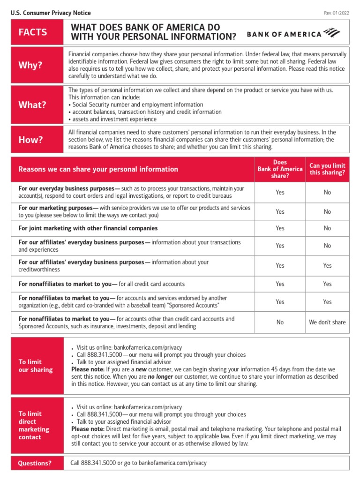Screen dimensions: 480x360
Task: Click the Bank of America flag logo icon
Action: (331, 33)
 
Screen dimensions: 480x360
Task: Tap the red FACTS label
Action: (33, 32)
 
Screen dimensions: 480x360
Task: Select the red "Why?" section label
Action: (30, 65)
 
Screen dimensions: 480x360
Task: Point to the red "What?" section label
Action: (32, 105)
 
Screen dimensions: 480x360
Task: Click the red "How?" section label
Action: (30, 140)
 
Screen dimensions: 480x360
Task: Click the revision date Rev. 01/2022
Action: (336, 13)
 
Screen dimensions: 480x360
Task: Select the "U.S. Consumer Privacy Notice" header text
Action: (51, 13)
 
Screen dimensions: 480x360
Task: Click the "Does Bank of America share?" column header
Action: (280, 169)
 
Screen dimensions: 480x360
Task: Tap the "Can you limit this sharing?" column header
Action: (327, 169)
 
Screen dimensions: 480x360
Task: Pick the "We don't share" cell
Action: (327, 322)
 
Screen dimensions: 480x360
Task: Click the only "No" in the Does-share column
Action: (280, 322)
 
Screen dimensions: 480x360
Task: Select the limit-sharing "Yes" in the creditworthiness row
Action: (327, 266)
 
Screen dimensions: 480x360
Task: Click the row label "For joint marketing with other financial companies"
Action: (88, 228)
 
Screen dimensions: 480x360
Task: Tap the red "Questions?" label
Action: (35, 463)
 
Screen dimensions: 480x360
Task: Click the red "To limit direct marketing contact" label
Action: (34, 425)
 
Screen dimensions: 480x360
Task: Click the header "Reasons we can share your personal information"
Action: (98, 169)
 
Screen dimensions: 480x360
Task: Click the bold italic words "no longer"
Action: (160, 376)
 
